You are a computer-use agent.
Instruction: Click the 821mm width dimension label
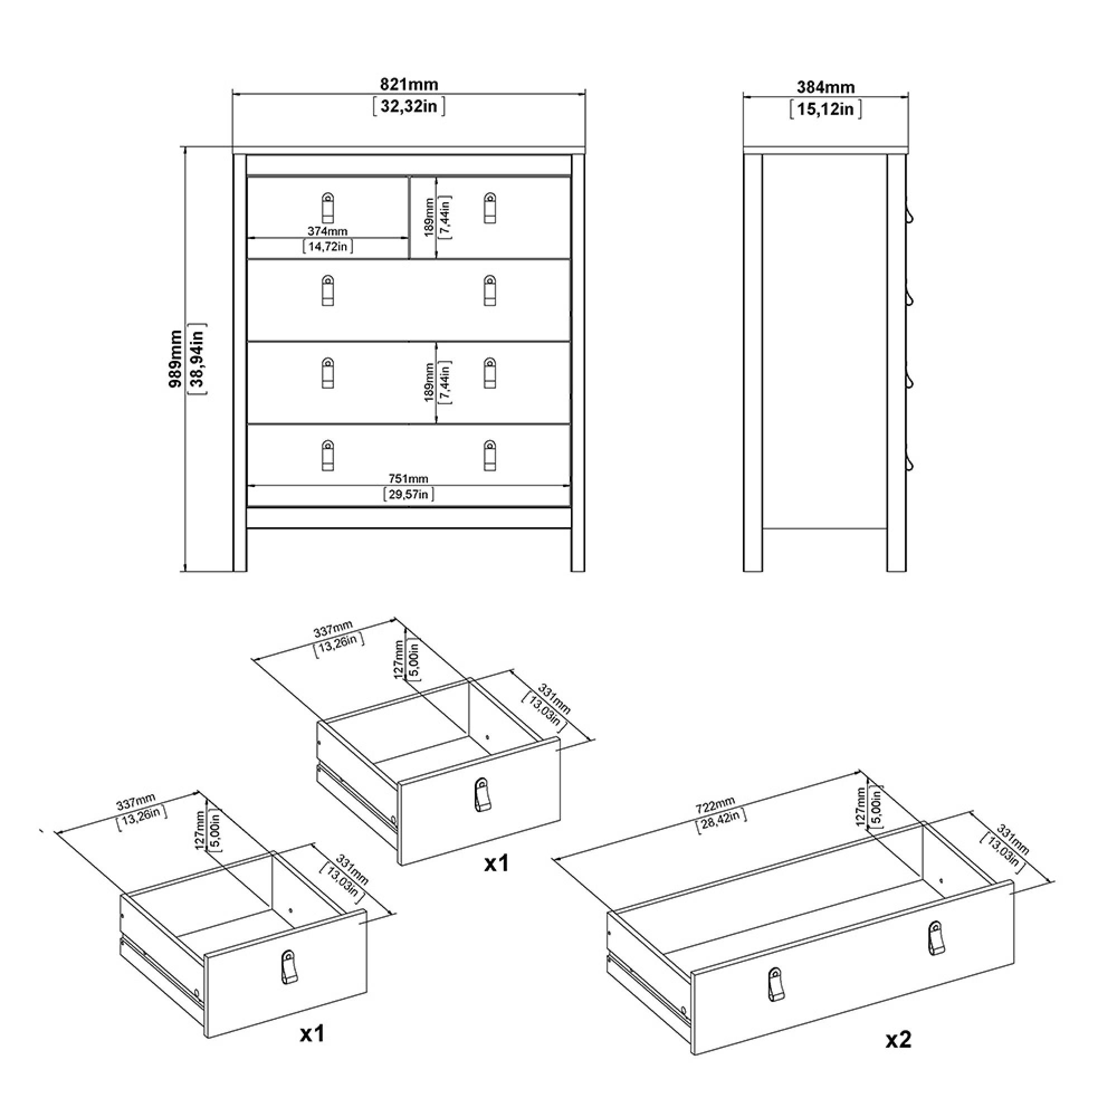pyautogui.click(x=409, y=84)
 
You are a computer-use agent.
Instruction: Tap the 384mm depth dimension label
pyautogui.click(x=825, y=87)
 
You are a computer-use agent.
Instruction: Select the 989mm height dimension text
pyautogui.click(x=176, y=359)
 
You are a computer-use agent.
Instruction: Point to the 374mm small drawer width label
pyautogui.click(x=327, y=231)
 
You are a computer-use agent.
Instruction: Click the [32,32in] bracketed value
pyautogui.click(x=409, y=106)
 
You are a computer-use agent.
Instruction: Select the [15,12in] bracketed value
pyautogui.click(x=825, y=109)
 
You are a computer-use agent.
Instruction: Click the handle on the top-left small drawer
pyautogui.click(x=328, y=207)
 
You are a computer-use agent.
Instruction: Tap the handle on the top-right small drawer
pyautogui.click(x=490, y=207)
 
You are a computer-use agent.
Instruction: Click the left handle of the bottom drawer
pyautogui.click(x=328, y=456)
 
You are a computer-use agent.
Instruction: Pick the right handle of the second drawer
pyautogui.click(x=490, y=290)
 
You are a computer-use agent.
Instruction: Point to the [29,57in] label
pyautogui.click(x=408, y=494)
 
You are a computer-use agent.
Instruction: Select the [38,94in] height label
pyautogui.click(x=197, y=359)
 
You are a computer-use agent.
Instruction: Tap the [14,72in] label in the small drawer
pyautogui.click(x=327, y=246)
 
